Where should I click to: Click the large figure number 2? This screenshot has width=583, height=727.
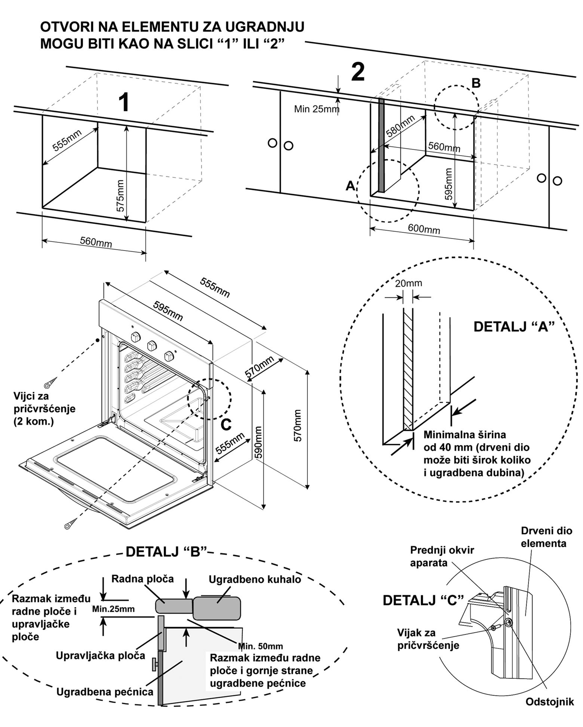358,72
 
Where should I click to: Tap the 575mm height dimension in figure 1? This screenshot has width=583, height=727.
120,196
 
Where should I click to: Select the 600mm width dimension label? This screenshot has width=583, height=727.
424,228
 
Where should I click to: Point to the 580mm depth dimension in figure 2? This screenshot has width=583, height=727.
400,126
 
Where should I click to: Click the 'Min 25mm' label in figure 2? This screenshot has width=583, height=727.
316,109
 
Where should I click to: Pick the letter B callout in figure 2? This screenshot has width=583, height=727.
476,83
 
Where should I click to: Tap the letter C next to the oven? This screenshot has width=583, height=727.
226,424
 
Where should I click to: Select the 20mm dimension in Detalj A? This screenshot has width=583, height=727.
408,283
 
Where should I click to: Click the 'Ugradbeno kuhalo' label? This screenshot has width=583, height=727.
255,579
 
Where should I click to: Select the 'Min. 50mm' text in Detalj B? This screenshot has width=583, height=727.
260,646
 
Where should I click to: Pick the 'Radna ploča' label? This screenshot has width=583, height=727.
142,579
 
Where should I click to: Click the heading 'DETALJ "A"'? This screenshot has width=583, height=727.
513,326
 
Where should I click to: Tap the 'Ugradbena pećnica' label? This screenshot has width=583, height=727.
105,691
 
